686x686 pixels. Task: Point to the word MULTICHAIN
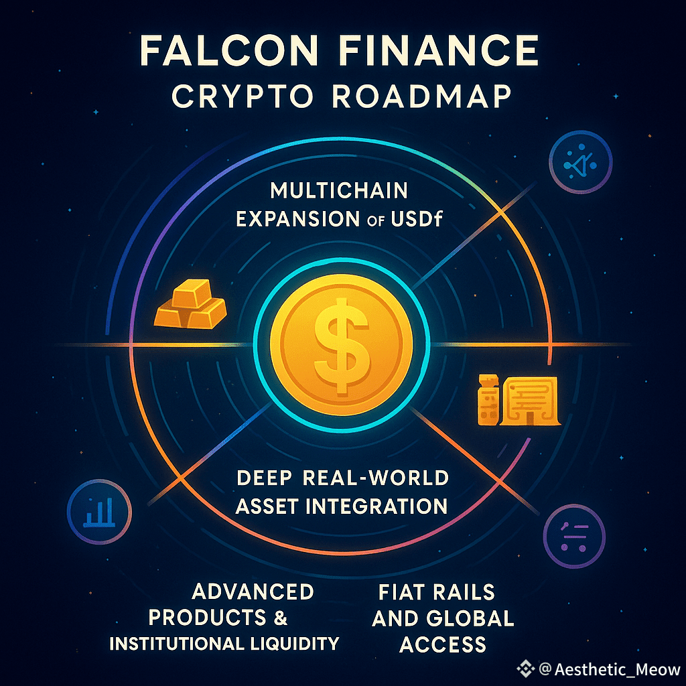point(338,190)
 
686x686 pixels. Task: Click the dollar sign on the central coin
point(343,344)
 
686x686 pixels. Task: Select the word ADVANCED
point(253,592)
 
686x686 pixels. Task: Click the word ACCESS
point(442,644)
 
